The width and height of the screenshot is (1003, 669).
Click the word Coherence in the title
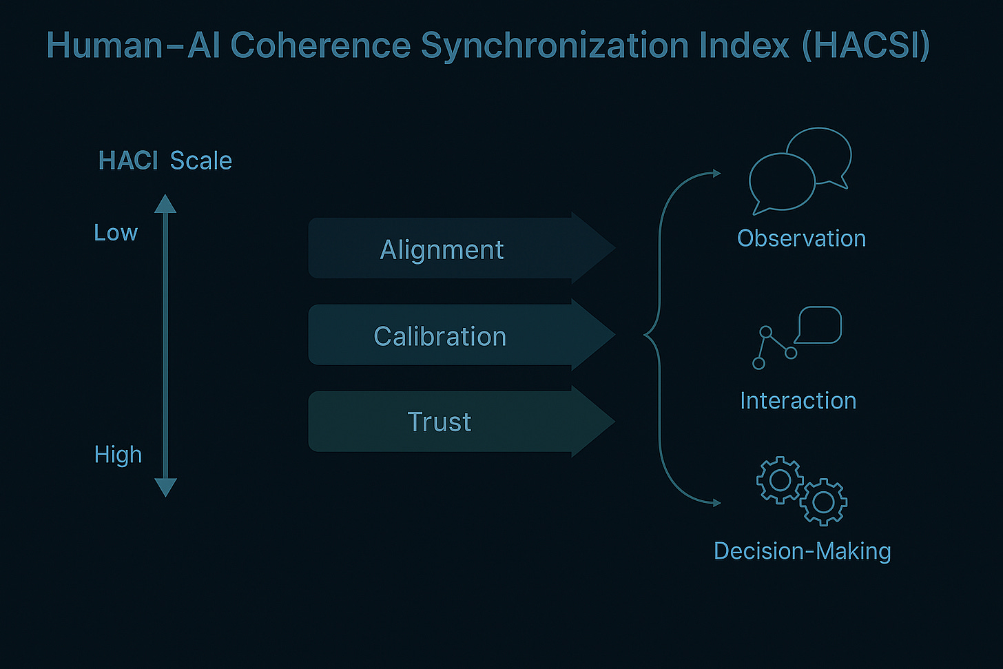click(320, 46)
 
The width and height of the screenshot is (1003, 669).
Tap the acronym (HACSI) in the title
click(866, 46)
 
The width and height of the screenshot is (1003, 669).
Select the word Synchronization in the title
click(555, 46)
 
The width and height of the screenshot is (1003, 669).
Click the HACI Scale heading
click(165, 161)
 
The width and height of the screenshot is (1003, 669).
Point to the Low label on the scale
click(116, 233)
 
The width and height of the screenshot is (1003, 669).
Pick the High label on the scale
click(118, 455)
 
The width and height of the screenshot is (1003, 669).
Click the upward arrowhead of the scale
click(165, 204)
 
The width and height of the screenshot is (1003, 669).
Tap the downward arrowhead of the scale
click(165, 487)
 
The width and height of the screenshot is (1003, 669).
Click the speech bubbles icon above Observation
click(799, 169)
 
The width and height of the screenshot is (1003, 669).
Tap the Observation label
click(801, 238)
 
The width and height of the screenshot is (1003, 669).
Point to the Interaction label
click(798, 401)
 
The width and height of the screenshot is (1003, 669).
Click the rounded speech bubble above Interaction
click(820, 324)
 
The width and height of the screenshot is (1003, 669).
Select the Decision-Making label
click(802, 551)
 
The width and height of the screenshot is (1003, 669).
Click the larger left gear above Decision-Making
click(780, 480)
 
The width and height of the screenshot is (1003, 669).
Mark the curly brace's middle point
click(646, 336)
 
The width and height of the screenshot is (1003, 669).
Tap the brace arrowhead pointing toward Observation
click(716, 173)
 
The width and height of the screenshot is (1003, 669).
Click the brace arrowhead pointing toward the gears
click(716, 503)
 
